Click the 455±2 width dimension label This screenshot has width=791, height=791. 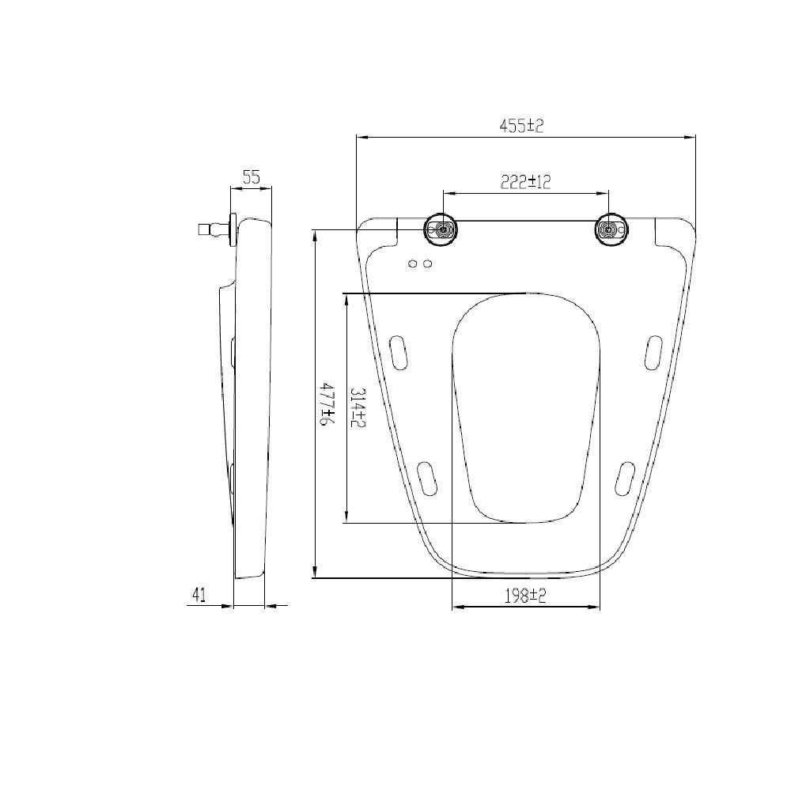(521, 126)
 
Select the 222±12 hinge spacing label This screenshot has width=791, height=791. (525, 182)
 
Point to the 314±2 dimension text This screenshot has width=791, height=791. (358, 407)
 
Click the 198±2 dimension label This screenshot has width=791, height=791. (526, 596)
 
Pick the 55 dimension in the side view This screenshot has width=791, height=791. (252, 177)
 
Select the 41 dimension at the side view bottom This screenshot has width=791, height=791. (199, 596)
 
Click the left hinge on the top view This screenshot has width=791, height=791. (441, 230)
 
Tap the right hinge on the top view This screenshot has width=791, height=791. (611, 230)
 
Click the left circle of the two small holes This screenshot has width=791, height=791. (413, 263)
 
